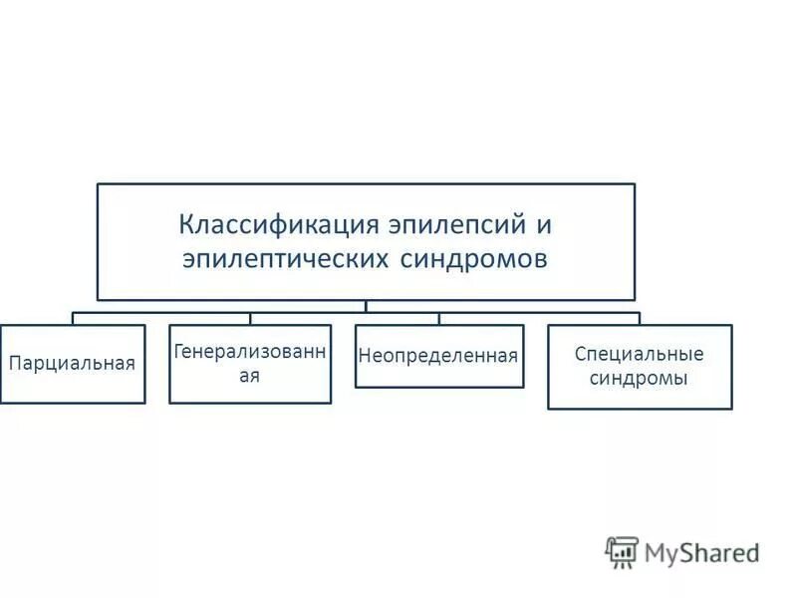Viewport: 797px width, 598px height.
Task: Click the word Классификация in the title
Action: click(263, 223)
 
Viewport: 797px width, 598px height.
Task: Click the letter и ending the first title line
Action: click(544, 224)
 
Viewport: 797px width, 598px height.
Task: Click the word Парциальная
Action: click(72, 363)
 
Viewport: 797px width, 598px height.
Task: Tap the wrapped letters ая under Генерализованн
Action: click(250, 377)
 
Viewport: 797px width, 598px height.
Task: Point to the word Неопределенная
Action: click(439, 355)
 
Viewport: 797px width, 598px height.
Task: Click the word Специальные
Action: click(639, 355)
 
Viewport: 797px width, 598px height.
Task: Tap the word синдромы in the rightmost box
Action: click(639, 379)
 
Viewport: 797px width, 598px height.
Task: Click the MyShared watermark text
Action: click(700, 551)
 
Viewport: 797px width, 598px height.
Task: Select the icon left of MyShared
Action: click(622, 551)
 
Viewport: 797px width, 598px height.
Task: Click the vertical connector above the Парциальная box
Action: click(73, 318)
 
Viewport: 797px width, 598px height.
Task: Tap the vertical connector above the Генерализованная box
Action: click(250, 318)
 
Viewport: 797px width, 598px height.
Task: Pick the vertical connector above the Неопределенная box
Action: click(439, 318)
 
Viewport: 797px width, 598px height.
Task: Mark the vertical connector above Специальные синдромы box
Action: click(640, 318)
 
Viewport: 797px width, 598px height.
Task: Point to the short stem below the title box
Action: click(366, 305)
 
